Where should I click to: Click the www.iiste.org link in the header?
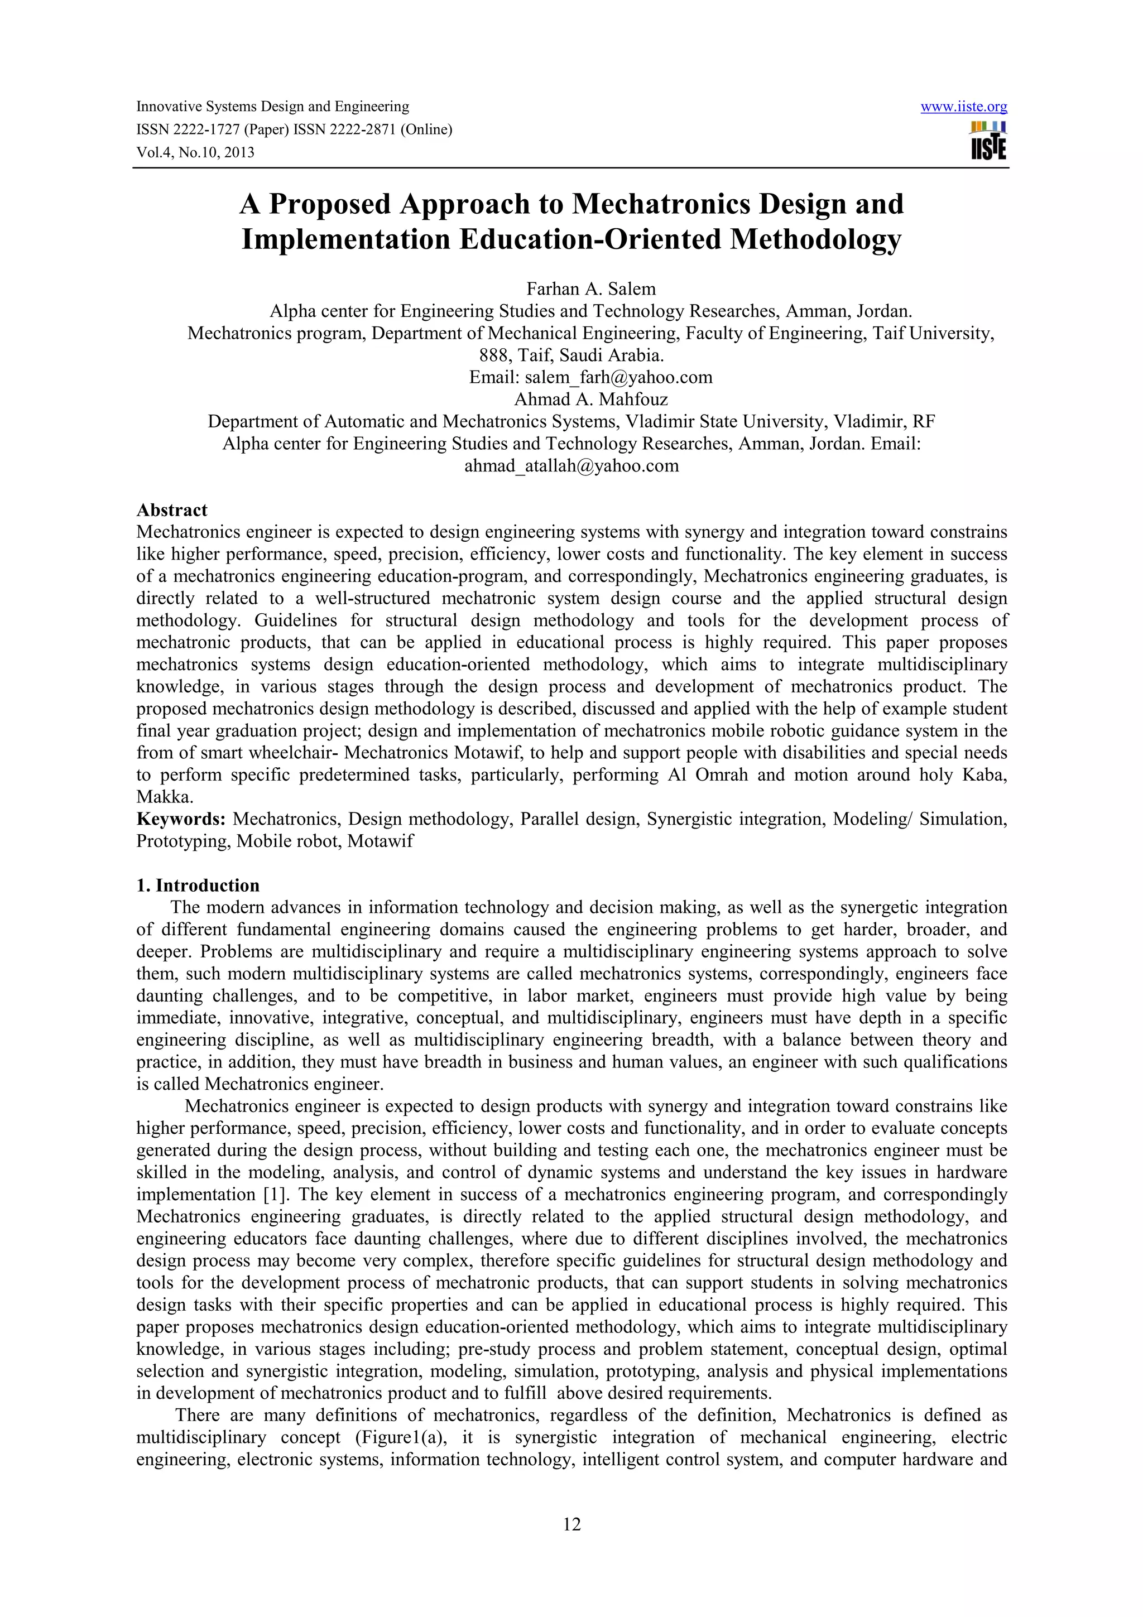pos(963,107)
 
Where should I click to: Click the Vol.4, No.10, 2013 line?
pos(195,152)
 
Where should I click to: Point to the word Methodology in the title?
pos(815,239)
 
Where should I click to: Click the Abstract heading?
pos(172,510)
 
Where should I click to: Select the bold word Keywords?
pos(181,819)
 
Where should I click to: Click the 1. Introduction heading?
pos(198,885)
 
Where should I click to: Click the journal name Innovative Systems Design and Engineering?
pos(272,107)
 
